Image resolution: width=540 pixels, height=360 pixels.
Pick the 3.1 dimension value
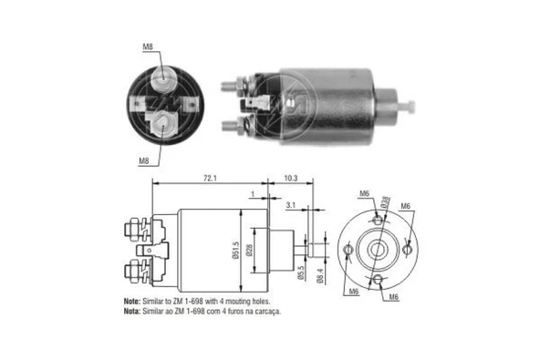point(290,207)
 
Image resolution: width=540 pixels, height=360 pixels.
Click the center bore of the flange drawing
point(376,247)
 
